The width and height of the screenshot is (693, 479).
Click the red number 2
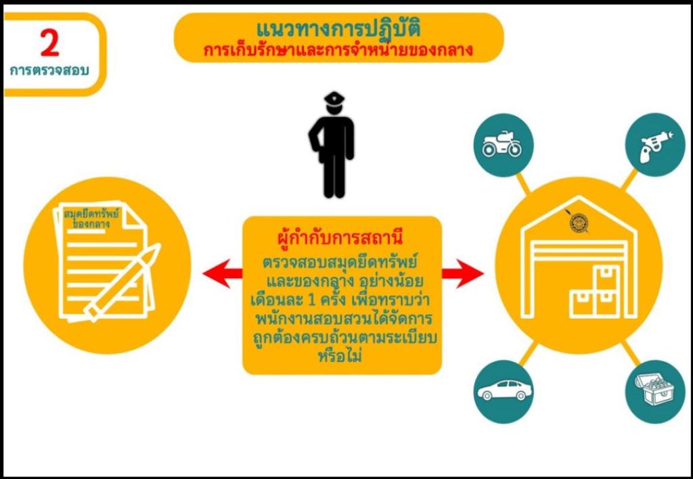click(49, 43)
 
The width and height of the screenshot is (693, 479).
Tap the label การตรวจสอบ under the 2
click(49, 71)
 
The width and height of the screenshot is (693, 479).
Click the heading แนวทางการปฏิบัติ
click(338, 29)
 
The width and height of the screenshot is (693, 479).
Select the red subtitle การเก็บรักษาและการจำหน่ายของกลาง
click(338, 50)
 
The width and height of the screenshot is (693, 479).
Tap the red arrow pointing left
click(222, 273)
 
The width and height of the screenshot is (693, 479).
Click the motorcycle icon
click(502, 144)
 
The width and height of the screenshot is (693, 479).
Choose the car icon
click(504, 390)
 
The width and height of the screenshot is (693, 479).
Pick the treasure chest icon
click(654, 389)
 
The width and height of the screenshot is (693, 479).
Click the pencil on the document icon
click(122, 281)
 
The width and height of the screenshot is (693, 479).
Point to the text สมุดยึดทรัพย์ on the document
click(91, 214)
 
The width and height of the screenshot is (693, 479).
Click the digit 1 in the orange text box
click(311, 300)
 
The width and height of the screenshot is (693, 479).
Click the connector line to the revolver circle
click(629, 180)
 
